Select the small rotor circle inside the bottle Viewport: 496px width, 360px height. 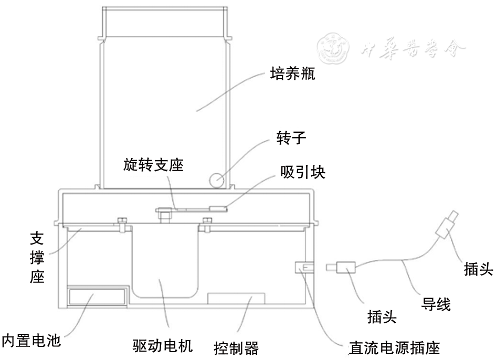pyautogui.click(x=216, y=180)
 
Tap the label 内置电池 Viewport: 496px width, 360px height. pyautogui.click(x=31, y=340)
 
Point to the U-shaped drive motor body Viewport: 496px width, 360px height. pyautogui.click(x=166, y=262)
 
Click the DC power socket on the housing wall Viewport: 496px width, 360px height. pyautogui.click(x=302, y=268)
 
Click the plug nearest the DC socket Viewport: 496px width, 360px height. pyautogui.click(x=345, y=268)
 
